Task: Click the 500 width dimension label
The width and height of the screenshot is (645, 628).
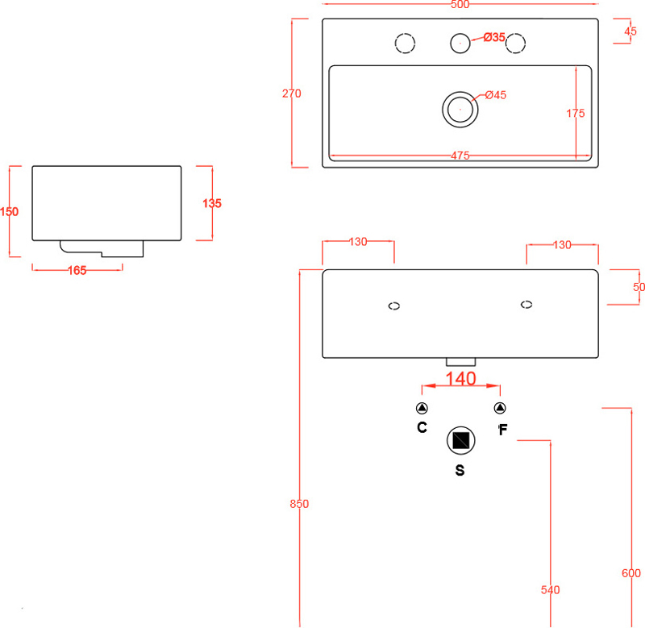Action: [x=460, y=5]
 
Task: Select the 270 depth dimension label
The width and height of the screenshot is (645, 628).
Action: [x=291, y=94]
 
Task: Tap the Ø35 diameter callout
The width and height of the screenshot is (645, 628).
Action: [x=494, y=37]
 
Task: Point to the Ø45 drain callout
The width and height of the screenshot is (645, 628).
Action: [x=495, y=95]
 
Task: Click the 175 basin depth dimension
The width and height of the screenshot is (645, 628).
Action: [x=575, y=114]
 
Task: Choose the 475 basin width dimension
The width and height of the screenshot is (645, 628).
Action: [x=460, y=156]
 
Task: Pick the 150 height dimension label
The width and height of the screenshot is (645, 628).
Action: [x=9, y=212]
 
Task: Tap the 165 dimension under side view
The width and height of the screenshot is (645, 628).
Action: [x=77, y=270]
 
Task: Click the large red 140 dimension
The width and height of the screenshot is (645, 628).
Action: [x=460, y=378]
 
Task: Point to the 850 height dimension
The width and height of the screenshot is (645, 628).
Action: [x=299, y=504]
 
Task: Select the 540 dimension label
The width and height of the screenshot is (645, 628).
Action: [x=550, y=590]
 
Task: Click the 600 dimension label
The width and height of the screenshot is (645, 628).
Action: [x=631, y=573]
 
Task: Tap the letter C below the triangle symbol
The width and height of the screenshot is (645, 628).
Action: [x=422, y=428]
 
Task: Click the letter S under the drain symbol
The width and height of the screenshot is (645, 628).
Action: [x=460, y=471]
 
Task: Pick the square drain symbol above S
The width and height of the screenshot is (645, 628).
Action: [x=460, y=440]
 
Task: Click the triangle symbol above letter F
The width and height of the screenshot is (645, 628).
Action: [x=499, y=408]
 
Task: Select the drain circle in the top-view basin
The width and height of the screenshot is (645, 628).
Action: [x=460, y=108]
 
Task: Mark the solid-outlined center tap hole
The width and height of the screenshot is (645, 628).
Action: [x=460, y=42]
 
